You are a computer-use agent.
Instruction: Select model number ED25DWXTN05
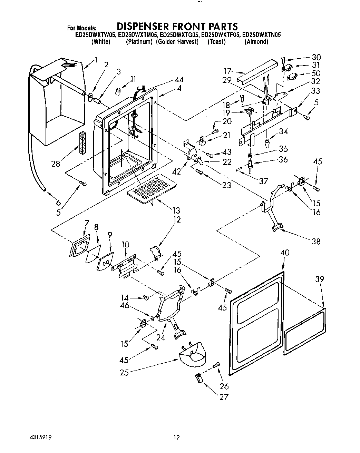(262, 35)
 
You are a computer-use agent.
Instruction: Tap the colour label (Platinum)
(139, 42)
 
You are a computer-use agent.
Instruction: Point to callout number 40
(285, 253)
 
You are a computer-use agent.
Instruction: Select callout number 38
(316, 242)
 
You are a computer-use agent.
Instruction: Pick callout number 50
(315, 73)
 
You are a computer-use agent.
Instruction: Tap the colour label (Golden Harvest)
(177, 42)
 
